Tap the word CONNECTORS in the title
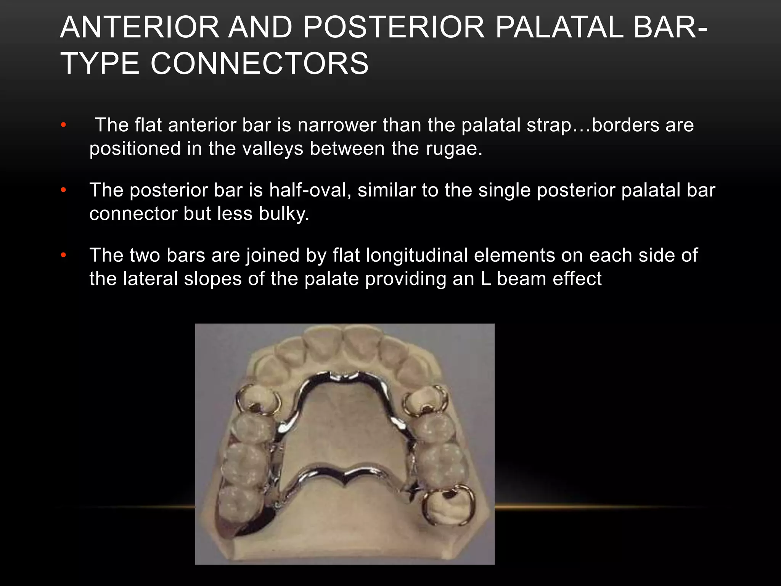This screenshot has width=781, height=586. coord(259,63)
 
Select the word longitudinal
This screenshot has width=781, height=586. coord(416,255)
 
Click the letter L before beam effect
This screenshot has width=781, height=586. coord(485,279)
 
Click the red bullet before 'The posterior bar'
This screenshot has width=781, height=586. coord(63,190)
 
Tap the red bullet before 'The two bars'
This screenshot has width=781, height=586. coord(63,255)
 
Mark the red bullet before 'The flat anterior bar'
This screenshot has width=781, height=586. coord(63,125)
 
